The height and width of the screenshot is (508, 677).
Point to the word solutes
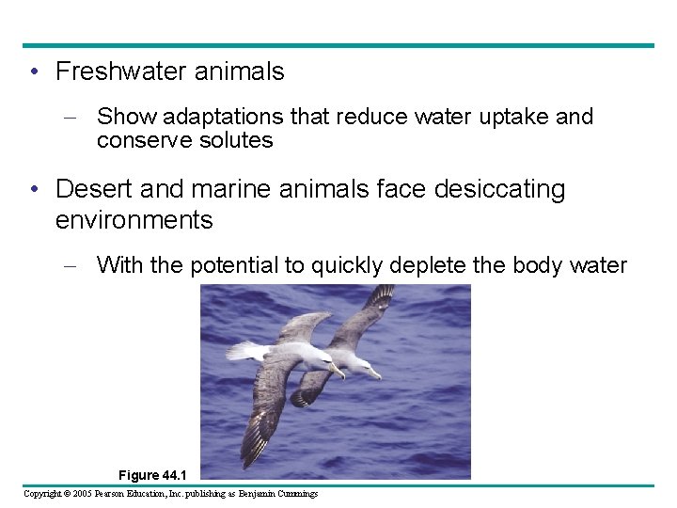click(233, 141)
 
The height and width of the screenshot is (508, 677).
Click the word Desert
click(95, 189)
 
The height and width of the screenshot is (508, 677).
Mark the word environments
click(134, 221)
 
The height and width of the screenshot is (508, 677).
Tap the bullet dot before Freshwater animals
click(33, 72)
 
